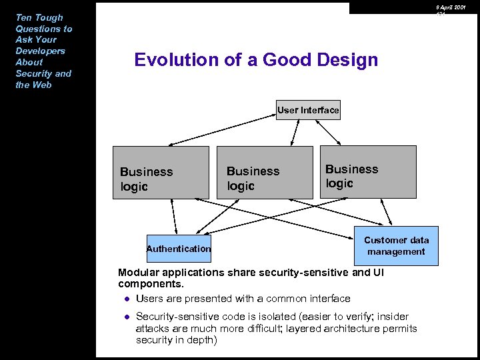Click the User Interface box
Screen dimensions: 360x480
click(x=308, y=110)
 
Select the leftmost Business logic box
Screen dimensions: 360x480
click(x=160, y=173)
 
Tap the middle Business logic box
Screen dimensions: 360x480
click(x=265, y=173)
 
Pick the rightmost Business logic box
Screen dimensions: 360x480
click(x=368, y=172)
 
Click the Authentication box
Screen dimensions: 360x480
click(x=178, y=249)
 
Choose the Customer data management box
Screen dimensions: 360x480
click(x=396, y=246)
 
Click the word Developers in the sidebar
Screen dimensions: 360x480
click(x=40, y=51)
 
